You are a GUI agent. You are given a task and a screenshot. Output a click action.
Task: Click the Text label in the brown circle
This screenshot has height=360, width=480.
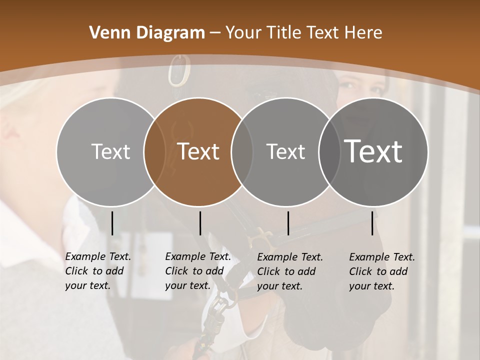[198, 151]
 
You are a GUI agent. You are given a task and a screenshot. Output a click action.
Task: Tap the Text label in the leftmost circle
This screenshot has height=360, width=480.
[110, 151]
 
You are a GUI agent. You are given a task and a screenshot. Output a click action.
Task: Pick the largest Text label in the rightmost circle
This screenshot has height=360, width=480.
[373, 151]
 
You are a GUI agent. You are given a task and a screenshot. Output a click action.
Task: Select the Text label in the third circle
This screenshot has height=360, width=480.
[285, 151]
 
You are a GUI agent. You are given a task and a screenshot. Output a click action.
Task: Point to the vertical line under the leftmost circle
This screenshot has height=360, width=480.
[112, 223]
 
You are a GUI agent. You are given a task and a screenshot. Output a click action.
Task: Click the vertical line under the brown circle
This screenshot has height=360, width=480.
[200, 223]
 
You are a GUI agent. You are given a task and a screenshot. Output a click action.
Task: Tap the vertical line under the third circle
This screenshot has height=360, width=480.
[288, 223]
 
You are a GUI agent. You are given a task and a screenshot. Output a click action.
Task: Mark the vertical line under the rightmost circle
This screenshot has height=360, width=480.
[372, 223]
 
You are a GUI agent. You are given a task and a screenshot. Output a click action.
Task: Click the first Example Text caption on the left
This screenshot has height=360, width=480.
[98, 256]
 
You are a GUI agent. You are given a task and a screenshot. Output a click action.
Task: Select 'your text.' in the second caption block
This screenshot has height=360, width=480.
[187, 285]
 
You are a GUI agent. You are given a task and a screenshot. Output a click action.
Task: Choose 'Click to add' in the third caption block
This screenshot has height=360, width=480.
[286, 271]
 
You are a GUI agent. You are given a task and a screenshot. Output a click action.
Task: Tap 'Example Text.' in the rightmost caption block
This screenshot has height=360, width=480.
[382, 257]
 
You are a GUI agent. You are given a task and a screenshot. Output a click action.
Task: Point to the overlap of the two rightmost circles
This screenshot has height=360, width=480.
[329, 152]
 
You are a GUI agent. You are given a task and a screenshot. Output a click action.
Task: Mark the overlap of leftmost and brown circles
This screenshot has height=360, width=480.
[154, 152]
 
